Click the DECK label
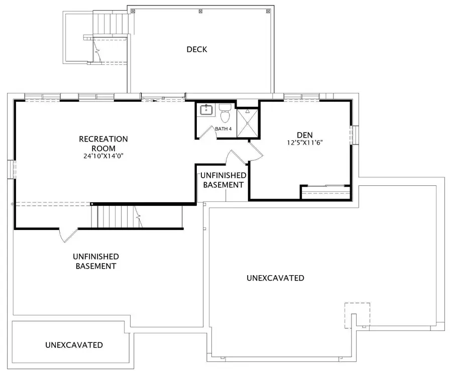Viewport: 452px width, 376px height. point(196,49)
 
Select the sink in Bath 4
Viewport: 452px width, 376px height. point(206,110)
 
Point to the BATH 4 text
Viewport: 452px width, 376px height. point(223,129)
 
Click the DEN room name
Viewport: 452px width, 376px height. point(305,135)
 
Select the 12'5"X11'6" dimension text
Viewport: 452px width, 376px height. point(305,143)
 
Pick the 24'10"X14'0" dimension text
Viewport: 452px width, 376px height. point(103,156)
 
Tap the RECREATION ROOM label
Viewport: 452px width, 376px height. point(103,144)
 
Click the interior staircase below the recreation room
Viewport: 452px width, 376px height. point(117,216)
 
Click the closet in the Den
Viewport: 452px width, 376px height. point(325,192)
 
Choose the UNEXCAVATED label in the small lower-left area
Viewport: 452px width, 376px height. point(74,345)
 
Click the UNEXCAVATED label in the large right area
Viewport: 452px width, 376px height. point(275,278)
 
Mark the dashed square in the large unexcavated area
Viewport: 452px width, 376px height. point(358,315)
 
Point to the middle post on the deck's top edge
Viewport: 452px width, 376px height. point(200,12)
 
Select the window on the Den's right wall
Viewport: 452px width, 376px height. point(354,135)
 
